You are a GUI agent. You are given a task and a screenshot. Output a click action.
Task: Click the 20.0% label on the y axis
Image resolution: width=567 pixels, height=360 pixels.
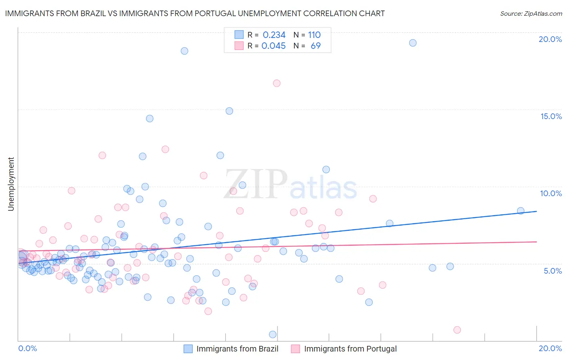tap(550, 39)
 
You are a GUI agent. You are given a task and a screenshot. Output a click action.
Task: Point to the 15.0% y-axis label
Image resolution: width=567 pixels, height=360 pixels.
tap(551, 116)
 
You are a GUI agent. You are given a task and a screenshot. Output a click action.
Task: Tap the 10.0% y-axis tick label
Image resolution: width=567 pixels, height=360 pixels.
tap(551, 193)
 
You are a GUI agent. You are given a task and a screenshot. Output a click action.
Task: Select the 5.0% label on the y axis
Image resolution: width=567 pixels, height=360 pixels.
tap(552, 271)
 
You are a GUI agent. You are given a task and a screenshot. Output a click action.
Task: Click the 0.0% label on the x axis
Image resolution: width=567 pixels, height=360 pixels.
tap(27, 348)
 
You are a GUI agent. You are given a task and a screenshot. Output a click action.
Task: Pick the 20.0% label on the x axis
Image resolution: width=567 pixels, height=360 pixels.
tap(550, 348)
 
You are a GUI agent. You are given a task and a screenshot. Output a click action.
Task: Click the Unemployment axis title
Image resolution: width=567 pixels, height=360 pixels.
tap(11, 184)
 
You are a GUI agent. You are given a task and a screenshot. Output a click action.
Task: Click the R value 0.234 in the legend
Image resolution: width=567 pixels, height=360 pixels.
tap(274, 35)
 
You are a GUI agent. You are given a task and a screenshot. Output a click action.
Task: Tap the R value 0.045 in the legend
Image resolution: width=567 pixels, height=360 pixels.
tap(273, 46)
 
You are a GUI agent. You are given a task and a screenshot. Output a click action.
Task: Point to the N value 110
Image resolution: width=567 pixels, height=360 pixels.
tap(314, 35)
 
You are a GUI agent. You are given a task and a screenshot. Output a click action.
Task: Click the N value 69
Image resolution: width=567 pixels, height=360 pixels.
tap(315, 46)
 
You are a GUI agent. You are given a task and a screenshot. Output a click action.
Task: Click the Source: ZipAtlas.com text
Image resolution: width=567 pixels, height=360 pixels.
tap(531, 14)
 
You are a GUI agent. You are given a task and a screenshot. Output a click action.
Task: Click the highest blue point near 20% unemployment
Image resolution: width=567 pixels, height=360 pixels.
tap(413, 43)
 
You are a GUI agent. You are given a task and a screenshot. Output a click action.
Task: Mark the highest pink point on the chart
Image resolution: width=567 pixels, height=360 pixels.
tap(277, 83)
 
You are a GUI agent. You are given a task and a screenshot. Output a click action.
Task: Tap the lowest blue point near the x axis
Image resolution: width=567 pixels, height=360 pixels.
tap(273, 334)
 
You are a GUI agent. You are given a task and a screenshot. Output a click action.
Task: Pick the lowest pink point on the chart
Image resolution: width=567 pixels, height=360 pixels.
tap(457, 330)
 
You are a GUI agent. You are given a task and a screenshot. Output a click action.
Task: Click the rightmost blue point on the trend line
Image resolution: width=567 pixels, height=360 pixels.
tap(521, 211)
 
